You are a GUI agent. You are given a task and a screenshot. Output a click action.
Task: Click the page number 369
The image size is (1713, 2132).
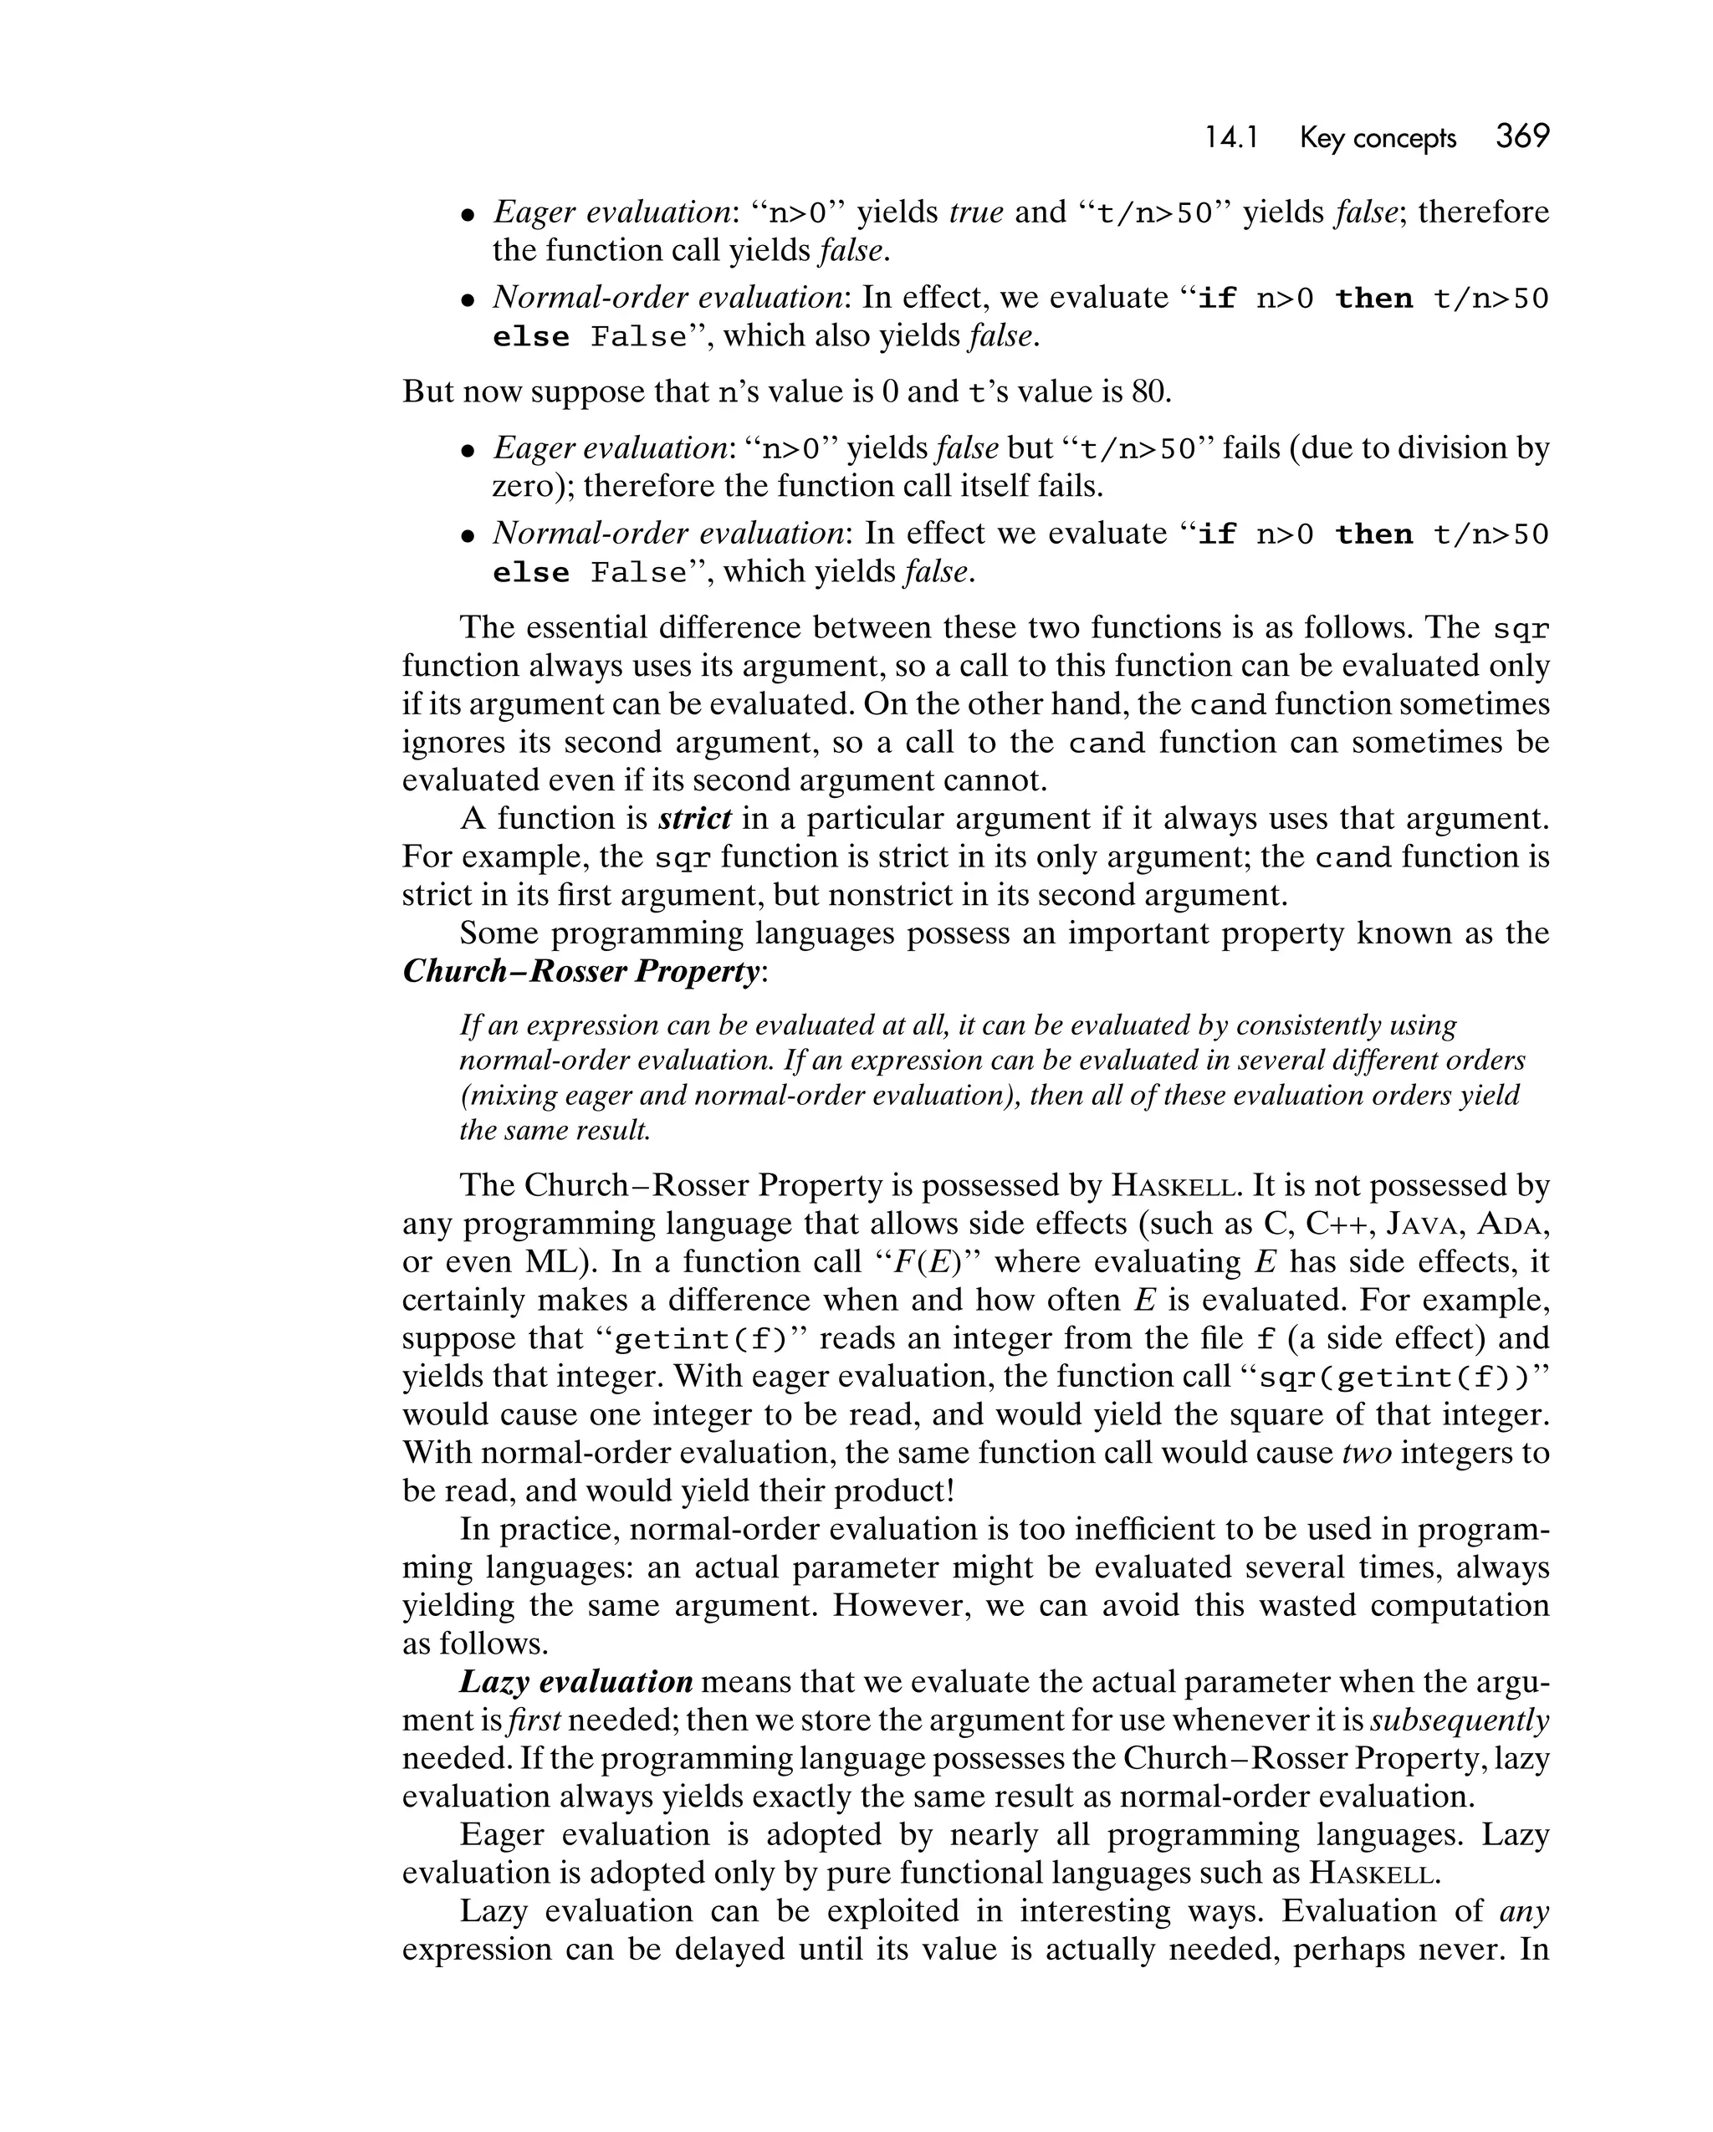pos(1522,136)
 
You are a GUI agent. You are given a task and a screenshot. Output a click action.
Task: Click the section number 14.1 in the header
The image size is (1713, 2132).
pos(1230,139)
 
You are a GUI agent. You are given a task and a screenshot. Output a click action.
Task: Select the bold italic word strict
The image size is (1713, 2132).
pos(694,819)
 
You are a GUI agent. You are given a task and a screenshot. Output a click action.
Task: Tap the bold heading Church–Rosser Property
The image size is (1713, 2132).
pos(581,971)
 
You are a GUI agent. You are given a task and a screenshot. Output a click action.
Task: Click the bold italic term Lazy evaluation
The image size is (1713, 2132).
pos(575,1682)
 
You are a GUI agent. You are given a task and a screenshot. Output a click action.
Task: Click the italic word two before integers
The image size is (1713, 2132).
pos(1367,1453)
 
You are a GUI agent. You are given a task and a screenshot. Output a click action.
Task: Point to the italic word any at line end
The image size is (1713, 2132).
pos(1524,1910)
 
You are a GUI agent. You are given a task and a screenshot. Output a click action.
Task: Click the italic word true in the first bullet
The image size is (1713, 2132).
pos(976,212)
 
